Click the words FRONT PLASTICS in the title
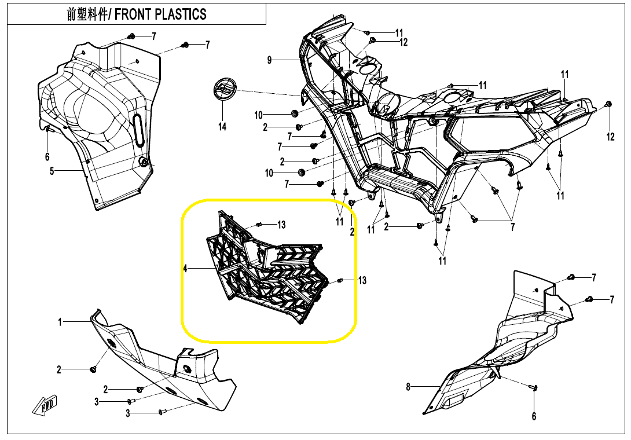[160, 14]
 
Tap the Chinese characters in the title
[87, 14]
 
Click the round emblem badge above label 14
[222, 90]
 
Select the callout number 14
[222, 127]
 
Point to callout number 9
[269, 60]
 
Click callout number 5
[52, 171]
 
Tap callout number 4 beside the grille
[185, 269]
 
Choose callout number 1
[60, 322]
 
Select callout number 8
[408, 387]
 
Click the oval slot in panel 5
[138, 132]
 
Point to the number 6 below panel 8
[534, 416]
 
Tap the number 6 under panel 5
[47, 156]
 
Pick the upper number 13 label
[281, 225]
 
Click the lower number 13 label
[362, 281]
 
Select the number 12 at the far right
[611, 137]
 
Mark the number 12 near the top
[403, 42]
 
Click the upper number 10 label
[259, 115]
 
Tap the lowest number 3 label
[129, 413]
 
